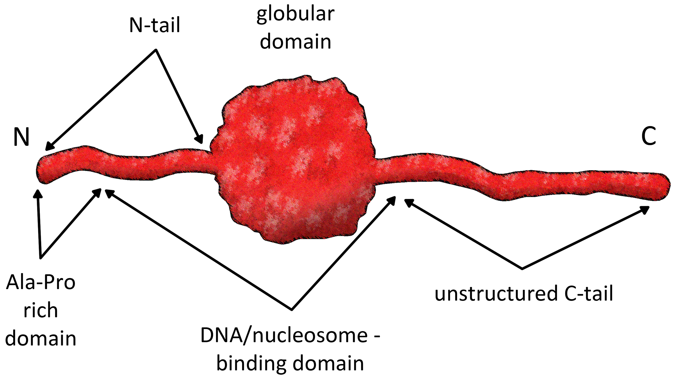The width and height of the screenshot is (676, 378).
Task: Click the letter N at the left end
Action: pyautogui.click(x=21, y=137)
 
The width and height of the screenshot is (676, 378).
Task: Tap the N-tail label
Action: pyautogui.click(x=155, y=25)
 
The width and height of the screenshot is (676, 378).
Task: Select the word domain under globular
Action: pyautogui.click(x=295, y=42)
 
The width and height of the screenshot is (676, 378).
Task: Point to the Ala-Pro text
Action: pyautogui.click(x=41, y=283)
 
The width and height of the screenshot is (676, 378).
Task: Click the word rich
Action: pyautogui.click(x=41, y=311)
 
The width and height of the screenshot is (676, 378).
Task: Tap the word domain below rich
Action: pyautogui.click(x=41, y=338)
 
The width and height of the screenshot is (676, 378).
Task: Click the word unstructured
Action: pyautogui.click(x=496, y=294)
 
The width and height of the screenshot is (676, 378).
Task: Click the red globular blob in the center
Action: pyautogui.click(x=293, y=160)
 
